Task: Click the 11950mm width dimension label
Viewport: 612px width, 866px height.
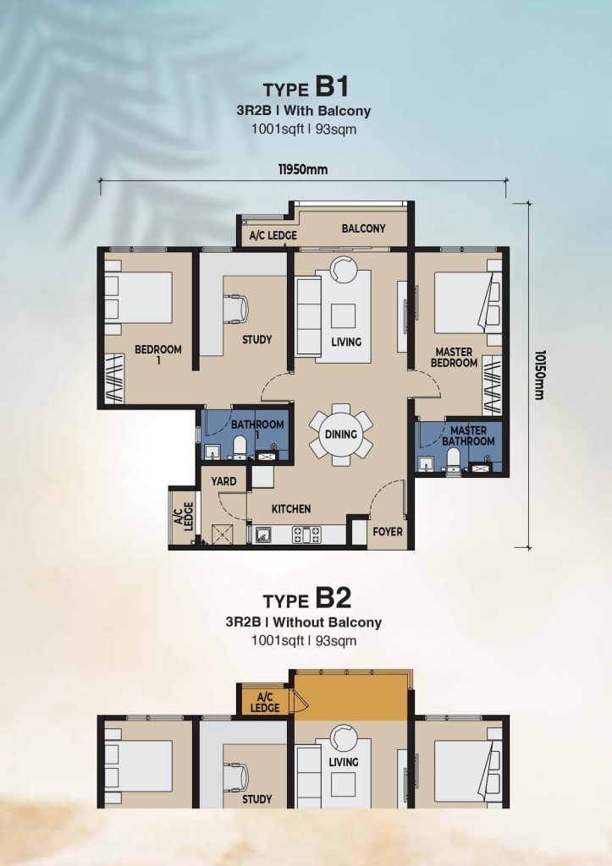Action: [x=302, y=169]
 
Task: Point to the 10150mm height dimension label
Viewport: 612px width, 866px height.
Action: [x=539, y=375]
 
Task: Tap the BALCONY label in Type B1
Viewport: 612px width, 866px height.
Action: [x=363, y=228]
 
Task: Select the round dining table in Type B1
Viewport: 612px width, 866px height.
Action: [x=340, y=434]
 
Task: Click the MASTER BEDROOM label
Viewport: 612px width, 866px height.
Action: [x=454, y=358]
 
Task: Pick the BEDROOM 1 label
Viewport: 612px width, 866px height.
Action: [x=158, y=354]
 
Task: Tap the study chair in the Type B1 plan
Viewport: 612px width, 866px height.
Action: [x=236, y=308]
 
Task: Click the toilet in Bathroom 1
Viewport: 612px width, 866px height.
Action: [x=240, y=447]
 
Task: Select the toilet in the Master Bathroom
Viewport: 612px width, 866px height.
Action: [x=454, y=460]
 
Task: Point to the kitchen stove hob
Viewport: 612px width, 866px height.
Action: [x=306, y=534]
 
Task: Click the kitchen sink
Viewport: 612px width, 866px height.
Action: [x=263, y=534]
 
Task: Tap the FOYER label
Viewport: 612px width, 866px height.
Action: [x=388, y=531]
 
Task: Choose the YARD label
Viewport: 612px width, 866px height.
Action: [x=223, y=481]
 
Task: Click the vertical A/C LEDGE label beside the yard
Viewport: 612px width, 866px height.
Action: [x=184, y=517]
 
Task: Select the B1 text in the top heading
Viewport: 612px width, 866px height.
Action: [x=333, y=87]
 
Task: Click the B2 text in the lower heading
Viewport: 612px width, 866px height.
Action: [x=334, y=598]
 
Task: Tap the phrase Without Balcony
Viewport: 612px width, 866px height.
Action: [x=328, y=622]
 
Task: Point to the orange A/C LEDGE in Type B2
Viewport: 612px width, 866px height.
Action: [x=264, y=702]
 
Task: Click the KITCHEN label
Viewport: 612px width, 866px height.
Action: [x=291, y=508]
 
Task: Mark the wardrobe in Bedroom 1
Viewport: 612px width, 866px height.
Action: [x=114, y=378]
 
